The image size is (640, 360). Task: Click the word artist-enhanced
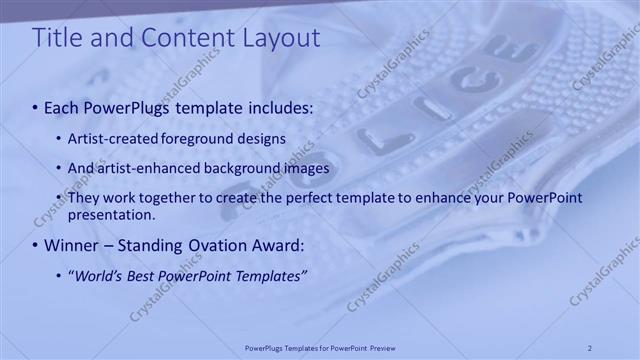tap(138, 168)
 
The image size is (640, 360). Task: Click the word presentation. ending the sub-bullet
tap(111, 214)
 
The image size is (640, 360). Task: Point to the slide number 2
tap(590, 348)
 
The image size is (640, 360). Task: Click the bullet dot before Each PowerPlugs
tap(36, 107)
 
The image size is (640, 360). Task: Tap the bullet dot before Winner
tap(36, 245)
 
